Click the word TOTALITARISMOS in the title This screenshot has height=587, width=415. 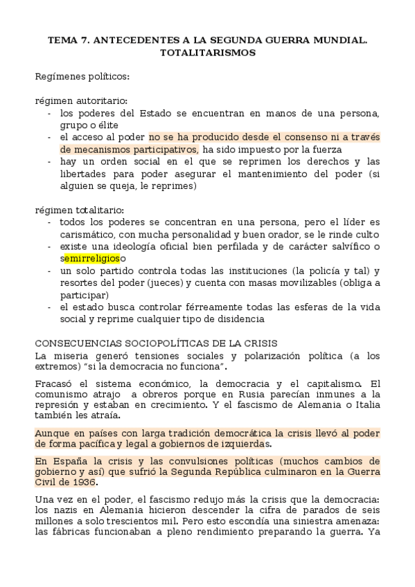point(207,52)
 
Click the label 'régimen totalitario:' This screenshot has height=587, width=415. point(80,209)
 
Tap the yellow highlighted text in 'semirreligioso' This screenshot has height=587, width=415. point(92,259)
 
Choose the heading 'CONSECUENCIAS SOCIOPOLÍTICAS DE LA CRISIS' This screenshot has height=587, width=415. point(156,343)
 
